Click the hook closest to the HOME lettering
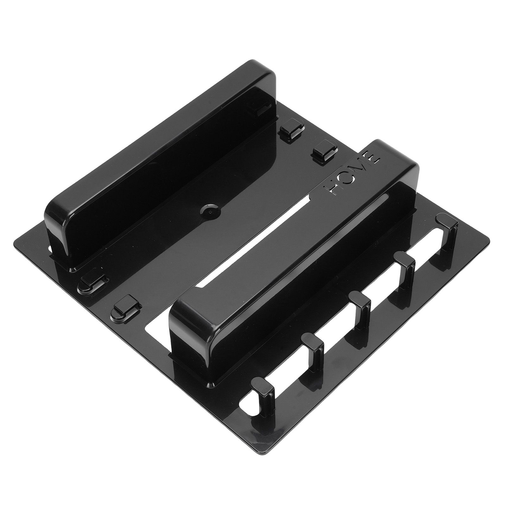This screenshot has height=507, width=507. point(447,233)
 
